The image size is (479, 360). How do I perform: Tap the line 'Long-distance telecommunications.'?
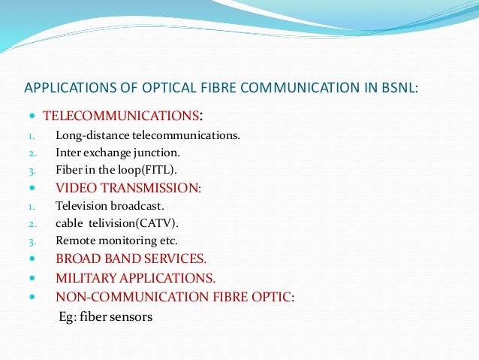148,136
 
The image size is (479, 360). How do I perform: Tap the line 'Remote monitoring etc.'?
116,241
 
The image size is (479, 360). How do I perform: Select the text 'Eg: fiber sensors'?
105,316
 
